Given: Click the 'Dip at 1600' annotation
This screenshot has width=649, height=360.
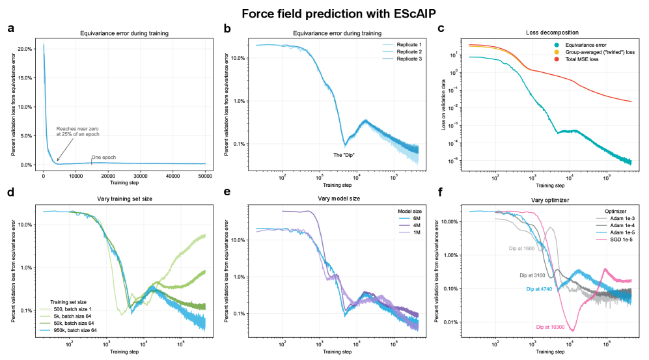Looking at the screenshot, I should pos(521,249).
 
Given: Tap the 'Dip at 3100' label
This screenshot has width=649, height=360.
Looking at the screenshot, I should pos(532,275).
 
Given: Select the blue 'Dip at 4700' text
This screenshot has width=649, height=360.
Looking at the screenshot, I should pos(539,288).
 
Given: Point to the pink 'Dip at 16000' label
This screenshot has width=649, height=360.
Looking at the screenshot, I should pos(549,326).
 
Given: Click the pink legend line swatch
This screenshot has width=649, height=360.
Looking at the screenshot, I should pos(601,240).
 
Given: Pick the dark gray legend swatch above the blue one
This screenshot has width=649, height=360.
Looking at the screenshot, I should pos(601,225).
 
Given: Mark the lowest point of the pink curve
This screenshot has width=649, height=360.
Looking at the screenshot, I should pos(572,331).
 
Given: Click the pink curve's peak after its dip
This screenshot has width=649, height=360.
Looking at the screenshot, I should pos(605,269).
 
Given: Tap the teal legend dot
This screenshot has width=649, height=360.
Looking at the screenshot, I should pos(557,45).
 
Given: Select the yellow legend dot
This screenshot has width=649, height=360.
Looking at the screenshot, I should pos(557,52).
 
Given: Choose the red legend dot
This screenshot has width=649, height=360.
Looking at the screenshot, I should pos(557,59).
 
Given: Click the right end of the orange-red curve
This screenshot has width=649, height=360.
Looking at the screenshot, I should pos(631,102).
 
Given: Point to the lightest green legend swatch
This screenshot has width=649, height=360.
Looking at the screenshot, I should pos(45,310).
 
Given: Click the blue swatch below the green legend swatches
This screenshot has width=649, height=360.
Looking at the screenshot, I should pos(45,330).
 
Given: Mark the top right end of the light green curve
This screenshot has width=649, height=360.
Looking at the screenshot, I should pos(204,236).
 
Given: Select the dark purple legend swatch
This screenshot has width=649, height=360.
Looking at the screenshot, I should pos(404,225).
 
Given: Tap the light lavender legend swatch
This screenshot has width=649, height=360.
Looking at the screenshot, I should pos(404,232).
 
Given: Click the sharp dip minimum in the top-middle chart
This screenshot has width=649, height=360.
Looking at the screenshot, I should pos(345,146).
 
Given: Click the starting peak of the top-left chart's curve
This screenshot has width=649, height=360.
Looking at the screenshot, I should pos(44,44).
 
